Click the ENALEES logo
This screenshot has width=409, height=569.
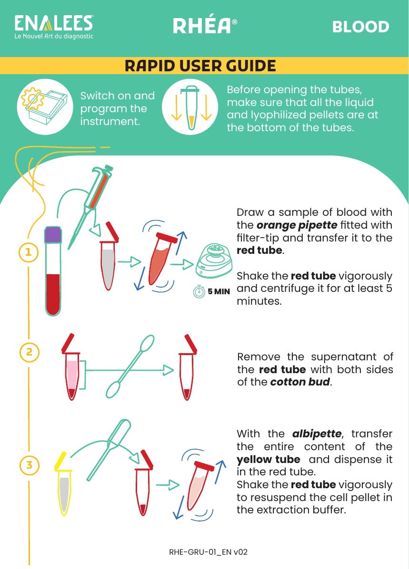(x=54, y=27)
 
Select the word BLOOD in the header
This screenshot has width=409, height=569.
(x=360, y=27)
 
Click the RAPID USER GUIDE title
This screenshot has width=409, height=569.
(x=200, y=66)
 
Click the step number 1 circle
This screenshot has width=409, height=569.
(x=29, y=252)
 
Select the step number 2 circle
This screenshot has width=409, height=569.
(x=29, y=352)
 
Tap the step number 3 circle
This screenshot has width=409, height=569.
(x=29, y=465)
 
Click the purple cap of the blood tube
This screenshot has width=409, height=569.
(x=53, y=234)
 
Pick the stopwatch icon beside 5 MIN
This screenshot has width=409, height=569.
(x=199, y=291)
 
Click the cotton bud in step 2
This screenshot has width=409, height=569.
(x=130, y=366)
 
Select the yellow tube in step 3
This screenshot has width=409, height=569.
(x=64, y=484)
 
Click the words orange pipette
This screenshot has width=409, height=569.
(x=297, y=225)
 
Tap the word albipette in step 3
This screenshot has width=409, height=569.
(x=317, y=434)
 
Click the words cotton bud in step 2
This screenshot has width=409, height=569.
(x=300, y=382)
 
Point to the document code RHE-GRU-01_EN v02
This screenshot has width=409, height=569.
(x=209, y=552)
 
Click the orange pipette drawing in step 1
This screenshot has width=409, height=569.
(x=91, y=206)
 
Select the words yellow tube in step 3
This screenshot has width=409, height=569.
(x=269, y=459)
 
